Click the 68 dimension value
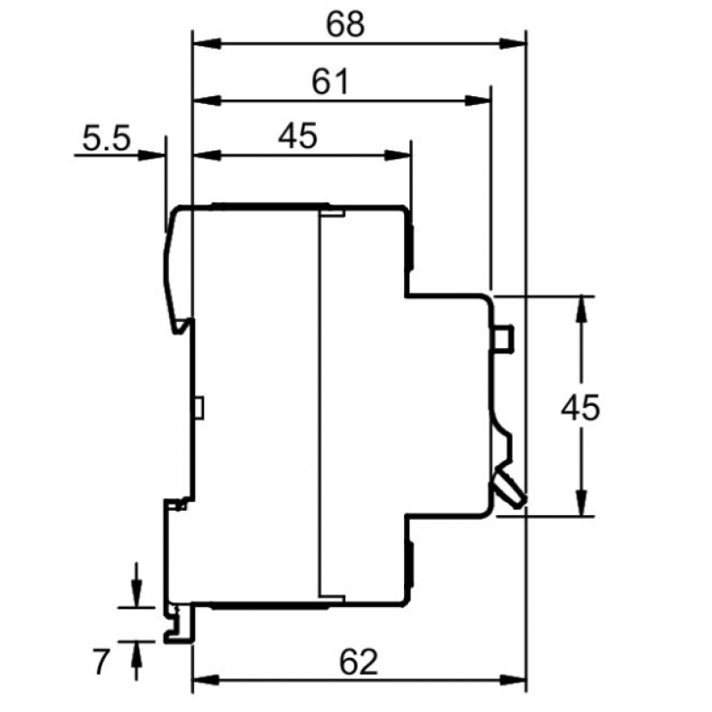(344, 24)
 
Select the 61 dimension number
(329, 83)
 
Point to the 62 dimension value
(359, 662)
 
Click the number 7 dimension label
(101, 661)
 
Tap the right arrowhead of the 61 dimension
(480, 99)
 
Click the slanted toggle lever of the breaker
(510, 487)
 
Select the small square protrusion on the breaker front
(504, 338)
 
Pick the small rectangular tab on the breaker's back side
(199, 408)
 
